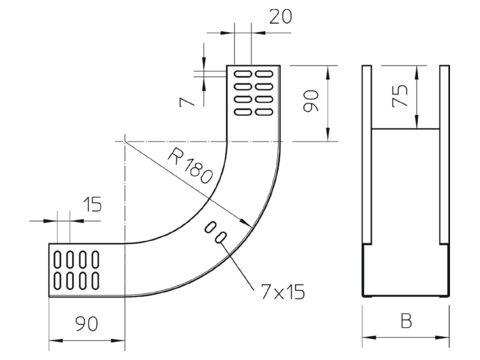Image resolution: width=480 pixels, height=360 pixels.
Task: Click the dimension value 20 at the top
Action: point(280,17)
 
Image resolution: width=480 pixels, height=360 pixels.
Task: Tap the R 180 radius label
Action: point(190,166)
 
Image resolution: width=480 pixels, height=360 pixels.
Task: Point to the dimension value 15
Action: point(92,204)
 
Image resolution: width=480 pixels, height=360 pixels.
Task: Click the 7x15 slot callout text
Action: point(283,292)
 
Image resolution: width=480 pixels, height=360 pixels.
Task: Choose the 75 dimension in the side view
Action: point(400,96)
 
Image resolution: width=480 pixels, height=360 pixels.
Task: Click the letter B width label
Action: point(406,321)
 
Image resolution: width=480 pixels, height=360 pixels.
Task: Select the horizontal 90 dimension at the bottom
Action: point(86,324)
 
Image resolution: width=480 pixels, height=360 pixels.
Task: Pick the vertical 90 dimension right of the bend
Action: point(311,101)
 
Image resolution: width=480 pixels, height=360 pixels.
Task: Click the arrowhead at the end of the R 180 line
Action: point(247,223)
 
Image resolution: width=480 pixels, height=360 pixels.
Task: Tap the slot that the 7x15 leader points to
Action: point(221,238)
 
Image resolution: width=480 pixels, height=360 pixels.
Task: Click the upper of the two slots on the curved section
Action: point(211,228)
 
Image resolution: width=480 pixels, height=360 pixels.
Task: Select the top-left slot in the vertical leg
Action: point(243,74)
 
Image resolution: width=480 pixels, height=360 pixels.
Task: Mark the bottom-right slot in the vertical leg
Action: point(264,112)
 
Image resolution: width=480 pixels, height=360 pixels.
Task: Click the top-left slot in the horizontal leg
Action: point(58,259)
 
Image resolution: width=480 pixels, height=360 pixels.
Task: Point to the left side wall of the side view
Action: point(367,155)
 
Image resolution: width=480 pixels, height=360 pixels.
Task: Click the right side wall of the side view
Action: point(445,155)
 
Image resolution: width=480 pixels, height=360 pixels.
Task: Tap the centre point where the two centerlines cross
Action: point(125,142)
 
